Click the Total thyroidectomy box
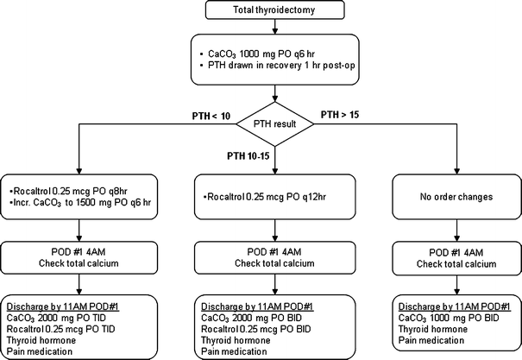[275, 11]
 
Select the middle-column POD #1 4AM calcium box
[275, 256]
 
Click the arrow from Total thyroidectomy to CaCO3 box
[275, 28]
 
